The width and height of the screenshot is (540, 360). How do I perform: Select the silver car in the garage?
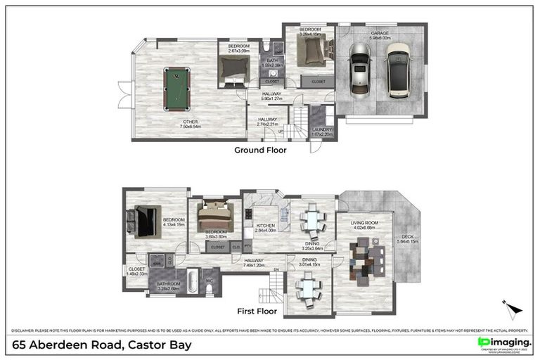tap(359, 69)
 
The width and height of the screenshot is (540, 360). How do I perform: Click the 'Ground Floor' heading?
tap(261, 150)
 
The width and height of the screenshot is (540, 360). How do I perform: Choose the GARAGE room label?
tap(379, 33)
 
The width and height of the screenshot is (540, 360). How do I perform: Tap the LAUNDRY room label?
tap(322, 129)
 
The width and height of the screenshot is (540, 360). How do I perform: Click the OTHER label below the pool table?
tap(190, 122)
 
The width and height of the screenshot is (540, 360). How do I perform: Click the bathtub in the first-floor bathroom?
tap(172, 276)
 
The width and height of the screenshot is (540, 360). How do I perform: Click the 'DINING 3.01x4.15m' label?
tap(310, 262)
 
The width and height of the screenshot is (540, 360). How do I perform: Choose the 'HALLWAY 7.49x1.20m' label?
tap(253, 263)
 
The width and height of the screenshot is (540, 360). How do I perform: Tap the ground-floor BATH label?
tap(273, 60)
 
